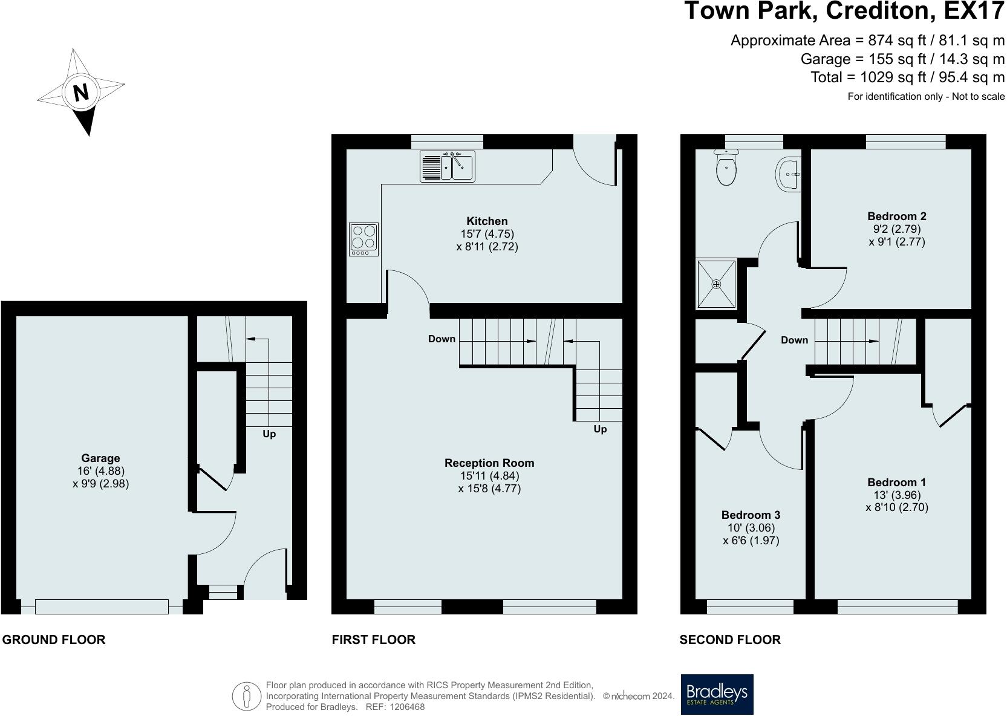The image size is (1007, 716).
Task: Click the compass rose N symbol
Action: click(80, 93)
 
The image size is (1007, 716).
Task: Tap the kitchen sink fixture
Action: click(447, 166)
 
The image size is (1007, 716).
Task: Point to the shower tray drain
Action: click(717, 284)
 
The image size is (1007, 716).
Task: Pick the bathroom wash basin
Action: click(789, 174)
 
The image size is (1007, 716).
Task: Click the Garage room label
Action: click(100, 458)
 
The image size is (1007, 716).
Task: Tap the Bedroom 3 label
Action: click(751, 515)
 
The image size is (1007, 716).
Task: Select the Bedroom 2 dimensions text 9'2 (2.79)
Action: click(896, 229)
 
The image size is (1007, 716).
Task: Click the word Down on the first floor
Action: click(442, 339)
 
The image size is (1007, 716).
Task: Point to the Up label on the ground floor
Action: click(269, 434)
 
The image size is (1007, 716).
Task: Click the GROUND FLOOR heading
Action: click(54, 640)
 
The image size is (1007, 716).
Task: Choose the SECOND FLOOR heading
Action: click(730, 640)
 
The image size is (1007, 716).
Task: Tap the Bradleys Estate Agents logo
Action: click(717, 694)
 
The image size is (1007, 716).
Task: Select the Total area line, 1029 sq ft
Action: click(907, 77)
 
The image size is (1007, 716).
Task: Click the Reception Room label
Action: click(489, 463)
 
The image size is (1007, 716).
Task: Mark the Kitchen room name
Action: click(487, 221)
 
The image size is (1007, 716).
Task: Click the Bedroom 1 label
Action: click(896, 483)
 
